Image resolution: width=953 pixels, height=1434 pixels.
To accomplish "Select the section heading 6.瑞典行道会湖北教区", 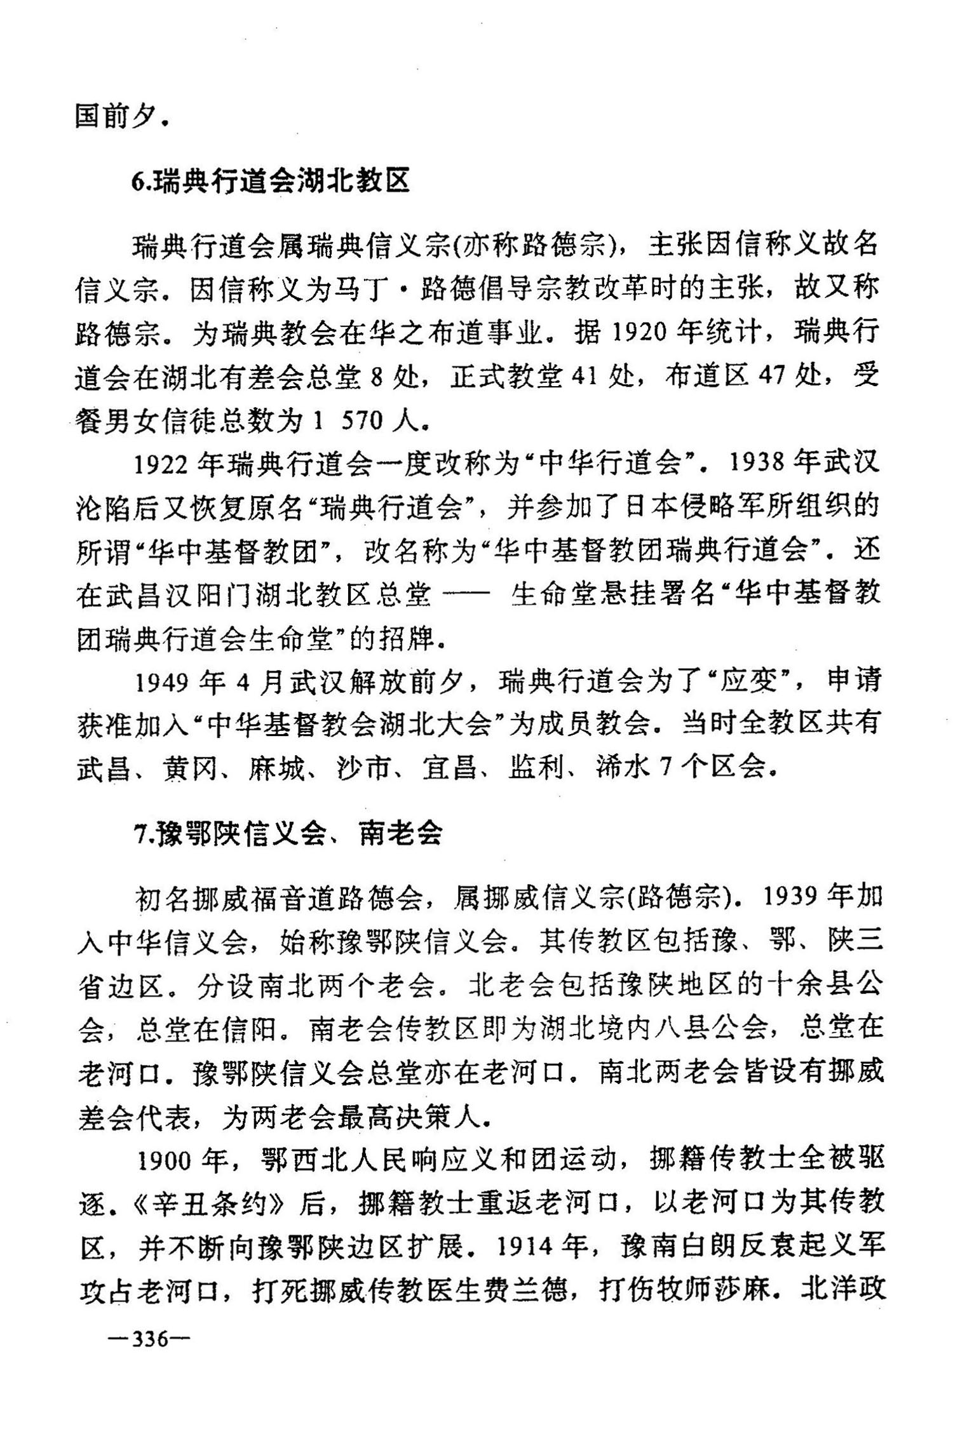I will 271,182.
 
